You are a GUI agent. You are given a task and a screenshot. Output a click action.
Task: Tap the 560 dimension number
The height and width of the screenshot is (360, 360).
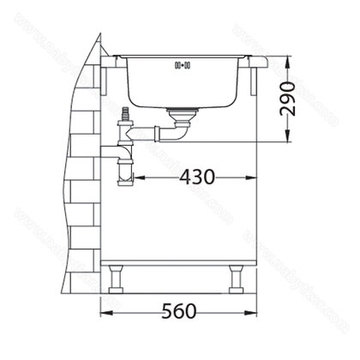point(181,309)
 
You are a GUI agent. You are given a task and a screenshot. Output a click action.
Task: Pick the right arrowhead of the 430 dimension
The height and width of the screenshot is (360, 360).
point(255,179)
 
